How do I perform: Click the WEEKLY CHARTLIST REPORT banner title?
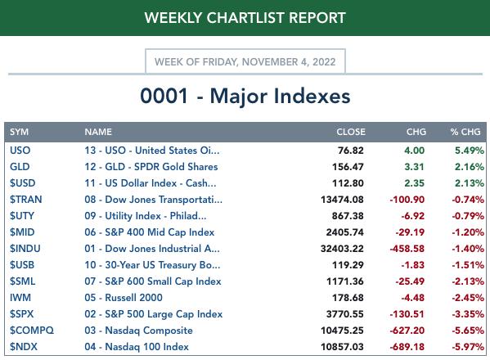click(x=245, y=17)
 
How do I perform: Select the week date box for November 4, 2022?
click(x=245, y=61)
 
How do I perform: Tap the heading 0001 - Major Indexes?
click(x=245, y=96)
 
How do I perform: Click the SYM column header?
click(x=19, y=132)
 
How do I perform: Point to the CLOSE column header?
click(x=351, y=132)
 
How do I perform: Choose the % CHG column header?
click(x=465, y=132)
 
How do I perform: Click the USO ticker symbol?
click(x=20, y=151)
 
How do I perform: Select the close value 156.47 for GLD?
click(x=348, y=167)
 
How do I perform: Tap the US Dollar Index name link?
click(x=150, y=182)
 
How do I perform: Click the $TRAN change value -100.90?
click(x=407, y=200)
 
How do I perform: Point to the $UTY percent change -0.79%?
click(x=468, y=216)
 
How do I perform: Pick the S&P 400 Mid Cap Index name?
click(x=150, y=232)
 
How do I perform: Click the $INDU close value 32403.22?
click(x=342, y=249)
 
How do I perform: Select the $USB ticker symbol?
click(x=22, y=265)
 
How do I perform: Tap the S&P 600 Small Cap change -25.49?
click(x=410, y=281)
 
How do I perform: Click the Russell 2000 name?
click(x=124, y=298)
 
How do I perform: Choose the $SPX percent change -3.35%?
click(x=468, y=313)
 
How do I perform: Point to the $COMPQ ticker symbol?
click(x=32, y=331)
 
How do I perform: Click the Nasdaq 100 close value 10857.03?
click(x=342, y=347)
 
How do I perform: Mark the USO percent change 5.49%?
click(x=470, y=151)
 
